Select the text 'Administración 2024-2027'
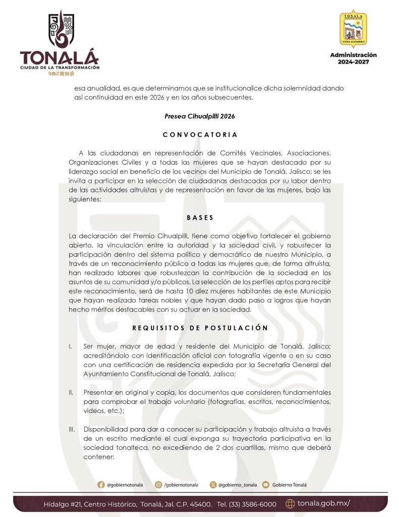pyautogui.click(x=353, y=58)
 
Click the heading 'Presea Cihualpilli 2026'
pyautogui.click(x=200, y=116)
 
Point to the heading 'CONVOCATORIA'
pyautogui.click(x=200, y=135)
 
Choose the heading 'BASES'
pyautogui.click(x=200, y=218)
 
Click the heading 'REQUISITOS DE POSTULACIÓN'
pyautogui.click(x=200, y=328)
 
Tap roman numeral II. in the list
pyautogui.click(x=70, y=392)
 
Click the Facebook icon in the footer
pyautogui.click(x=101, y=485)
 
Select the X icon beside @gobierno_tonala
pyautogui.click(x=212, y=485)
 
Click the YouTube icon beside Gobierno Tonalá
pyautogui.click(x=266, y=485)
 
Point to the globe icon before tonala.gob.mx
pyautogui.click(x=290, y=503)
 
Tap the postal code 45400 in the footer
pyautogui.click(x=201, y=504)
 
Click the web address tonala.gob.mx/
pyautogui.click(x=323, y=503)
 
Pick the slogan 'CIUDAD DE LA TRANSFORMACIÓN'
pyautogui.click(x=60, y=67)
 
